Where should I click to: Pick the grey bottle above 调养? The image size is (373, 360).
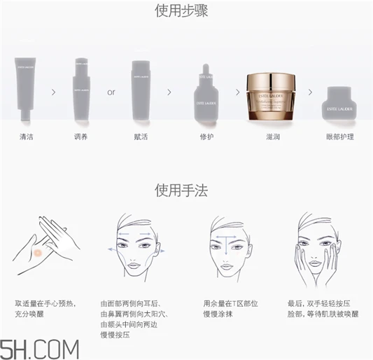pyautogui.click(x=82, y=91)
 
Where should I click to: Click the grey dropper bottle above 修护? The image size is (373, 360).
pyautogui.click(x=206, y=95)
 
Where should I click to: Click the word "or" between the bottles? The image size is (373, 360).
pyautogui.click(x=111, y=92)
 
